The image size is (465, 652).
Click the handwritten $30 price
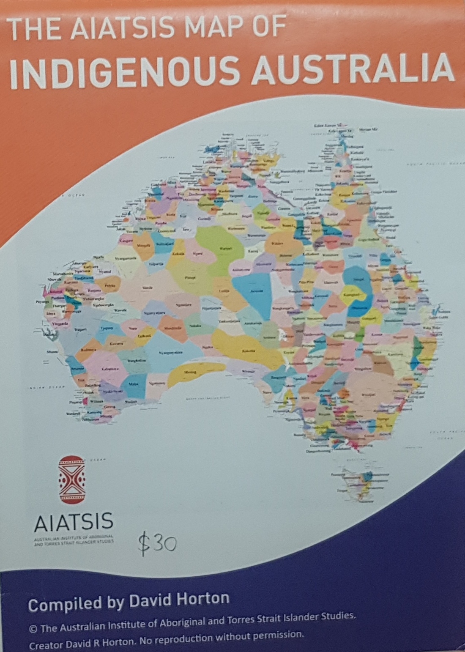coord(157,543)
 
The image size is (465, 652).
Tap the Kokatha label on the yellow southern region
coord(246,351)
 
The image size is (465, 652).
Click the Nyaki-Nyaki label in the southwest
coord(114,392)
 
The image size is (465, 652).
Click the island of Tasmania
coord(359,482)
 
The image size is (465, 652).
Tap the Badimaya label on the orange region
coord(89,350)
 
